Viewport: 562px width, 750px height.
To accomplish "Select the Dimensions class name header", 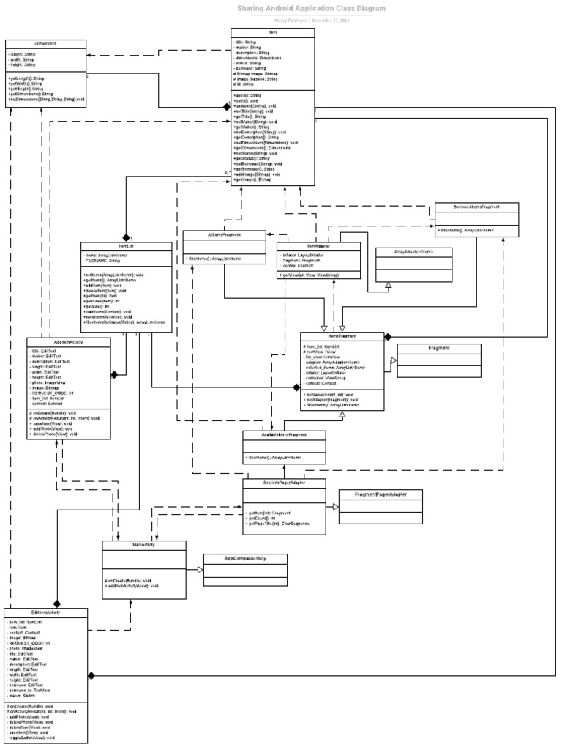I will [x=45, y=44].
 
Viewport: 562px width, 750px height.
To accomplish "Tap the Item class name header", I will [x=273, y=33].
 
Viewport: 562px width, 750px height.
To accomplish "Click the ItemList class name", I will [x=124, y=246].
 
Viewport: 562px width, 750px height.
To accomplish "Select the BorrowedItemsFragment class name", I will [x=476, y=207].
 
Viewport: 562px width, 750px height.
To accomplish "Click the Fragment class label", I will [x=438, y=349].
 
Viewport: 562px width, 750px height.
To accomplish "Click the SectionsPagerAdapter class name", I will [x=285, y=483].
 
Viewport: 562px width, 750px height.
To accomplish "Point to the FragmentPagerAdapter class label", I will [x=380, y=494].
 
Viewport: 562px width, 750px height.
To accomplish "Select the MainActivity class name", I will [x=144, y=545].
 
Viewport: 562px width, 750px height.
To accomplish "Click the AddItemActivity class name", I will [x=68, y=341].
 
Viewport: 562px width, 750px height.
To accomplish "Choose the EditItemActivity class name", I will [x=46, y=612].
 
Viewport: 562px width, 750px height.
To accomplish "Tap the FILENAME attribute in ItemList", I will [x=103, y=260].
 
